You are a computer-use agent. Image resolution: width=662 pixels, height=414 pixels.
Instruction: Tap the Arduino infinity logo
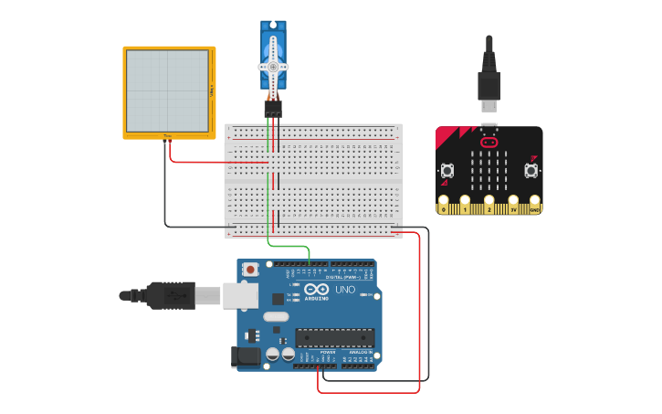(x=315, y=289)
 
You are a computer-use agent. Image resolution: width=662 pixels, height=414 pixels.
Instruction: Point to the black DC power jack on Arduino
(x=245, y=356)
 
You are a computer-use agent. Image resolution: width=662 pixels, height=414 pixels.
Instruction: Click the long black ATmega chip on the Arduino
(x=334, y=337)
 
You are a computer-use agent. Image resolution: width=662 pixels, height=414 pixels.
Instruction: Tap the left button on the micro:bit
(x=447, y=170)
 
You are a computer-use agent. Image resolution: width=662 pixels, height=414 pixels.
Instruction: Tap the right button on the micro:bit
(x=531, y=170)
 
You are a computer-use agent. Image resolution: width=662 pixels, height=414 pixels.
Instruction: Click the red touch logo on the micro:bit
(x=489, y=143)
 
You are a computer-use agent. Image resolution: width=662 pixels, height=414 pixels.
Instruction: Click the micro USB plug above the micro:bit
(x=489, y=88)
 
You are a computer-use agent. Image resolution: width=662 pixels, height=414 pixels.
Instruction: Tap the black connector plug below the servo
(x=273, y=108)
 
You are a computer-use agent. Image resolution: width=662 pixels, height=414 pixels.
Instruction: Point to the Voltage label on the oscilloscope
(x=212, y=90)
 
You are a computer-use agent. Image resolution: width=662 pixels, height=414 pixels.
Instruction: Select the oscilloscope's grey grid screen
(x=167, y=90)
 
